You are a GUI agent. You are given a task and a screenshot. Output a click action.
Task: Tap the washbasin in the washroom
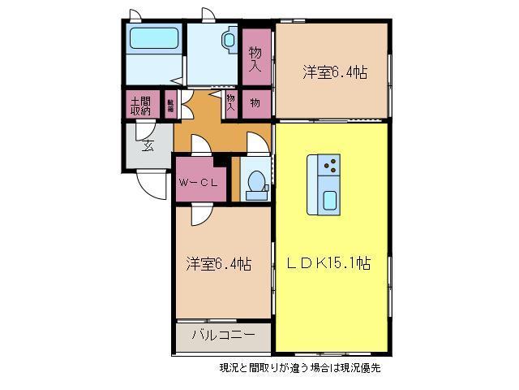coord(228,39)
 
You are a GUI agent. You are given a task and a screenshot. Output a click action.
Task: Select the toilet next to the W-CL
coord(255,183)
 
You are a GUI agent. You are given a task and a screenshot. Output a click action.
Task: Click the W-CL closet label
coord(197,182)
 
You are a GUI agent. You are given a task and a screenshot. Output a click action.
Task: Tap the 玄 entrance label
coord(148,145)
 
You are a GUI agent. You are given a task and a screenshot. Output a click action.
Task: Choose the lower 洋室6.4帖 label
coord(217,264)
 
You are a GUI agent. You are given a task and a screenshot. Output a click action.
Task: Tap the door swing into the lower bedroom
coord(199,214)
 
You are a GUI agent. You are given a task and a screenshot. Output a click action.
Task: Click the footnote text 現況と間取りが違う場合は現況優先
coord(299,367)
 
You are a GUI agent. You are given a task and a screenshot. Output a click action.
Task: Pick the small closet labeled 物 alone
coord(255,103)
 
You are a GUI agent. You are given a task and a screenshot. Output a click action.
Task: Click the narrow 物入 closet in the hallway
coord(231,102)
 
